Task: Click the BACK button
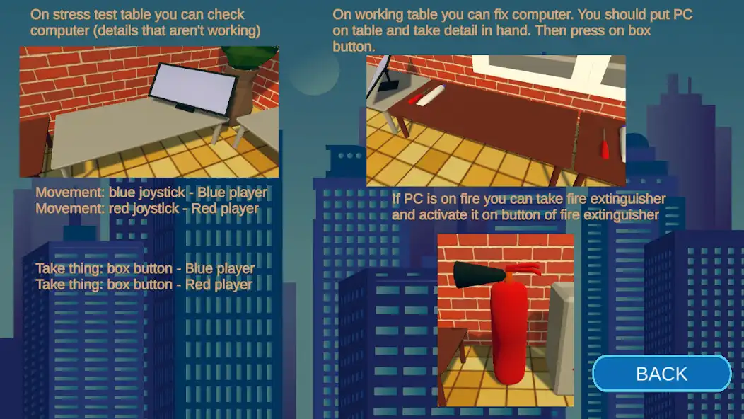tap(661, 374)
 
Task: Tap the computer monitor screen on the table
tap(192, 88)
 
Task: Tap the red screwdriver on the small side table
tap(605, 145)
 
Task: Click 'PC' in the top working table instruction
tap(682, 14)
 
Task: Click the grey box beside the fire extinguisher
tap(562, 338)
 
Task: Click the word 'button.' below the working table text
tap(354, 47)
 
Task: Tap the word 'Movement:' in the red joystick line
tap(70, 209)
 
